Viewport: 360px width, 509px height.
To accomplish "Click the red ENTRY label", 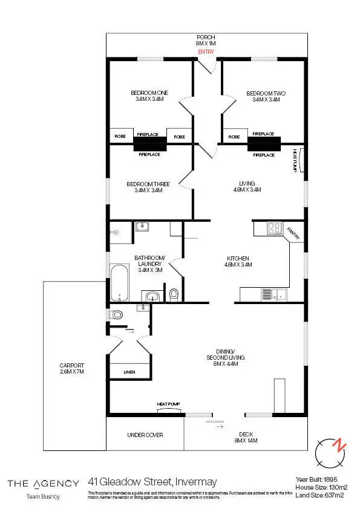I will pyautogui.click(x=206, y=52).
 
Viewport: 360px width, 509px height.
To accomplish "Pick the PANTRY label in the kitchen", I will pyautogui.click(x=293, y=233).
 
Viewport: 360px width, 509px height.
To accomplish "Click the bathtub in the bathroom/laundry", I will pyautogui.click(x=120, y=282).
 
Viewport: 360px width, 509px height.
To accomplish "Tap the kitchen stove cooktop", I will pyautogui.click(x=273, y=229).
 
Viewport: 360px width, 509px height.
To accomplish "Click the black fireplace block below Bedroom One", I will pyautogui.click(x=149, y=144).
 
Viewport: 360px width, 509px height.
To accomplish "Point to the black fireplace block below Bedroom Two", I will pyautogui.click(x=264, y=144).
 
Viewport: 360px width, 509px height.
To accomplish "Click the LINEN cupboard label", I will pyautogui.click(x=129, y=371).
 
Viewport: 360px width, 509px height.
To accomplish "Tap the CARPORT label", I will pyautogui.click(x=71, y=369).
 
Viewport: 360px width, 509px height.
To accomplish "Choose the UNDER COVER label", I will pyautogui.click(x=145, y=435).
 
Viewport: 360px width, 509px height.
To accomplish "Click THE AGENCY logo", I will pyautogui.click(x=43, y=483).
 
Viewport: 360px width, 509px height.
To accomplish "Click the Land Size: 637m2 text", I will pyautogui.click(x=319, y=495).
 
